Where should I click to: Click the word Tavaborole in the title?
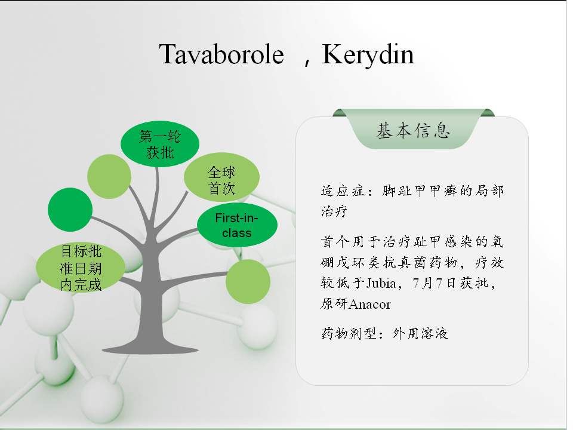point(221,54)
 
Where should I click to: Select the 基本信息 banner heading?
point(413,131)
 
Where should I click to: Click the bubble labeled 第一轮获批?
point(160,144)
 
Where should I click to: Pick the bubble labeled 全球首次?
point(221,177)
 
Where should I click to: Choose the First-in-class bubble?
point(237,225)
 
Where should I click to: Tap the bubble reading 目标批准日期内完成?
point(81,268)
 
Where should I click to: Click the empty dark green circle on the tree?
point(70,210)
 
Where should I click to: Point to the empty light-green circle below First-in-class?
point(248,281)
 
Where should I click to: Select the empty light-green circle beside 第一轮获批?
point(109,176)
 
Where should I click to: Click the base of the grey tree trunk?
point(150,349)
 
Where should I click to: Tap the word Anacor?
point(370,304)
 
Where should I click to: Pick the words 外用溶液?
point(420,333)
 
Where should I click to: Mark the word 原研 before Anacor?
point(334,304)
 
